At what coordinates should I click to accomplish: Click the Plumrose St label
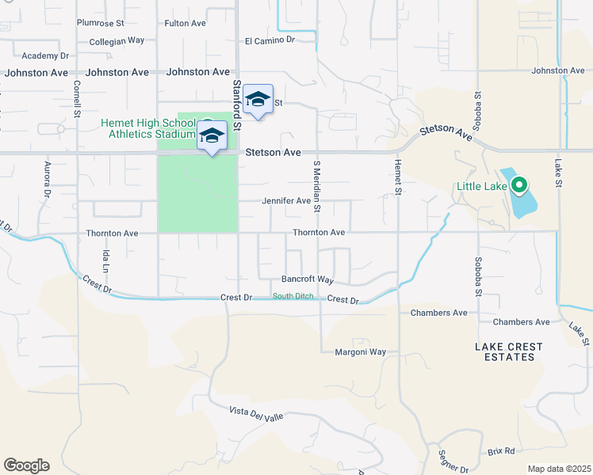(101, 23)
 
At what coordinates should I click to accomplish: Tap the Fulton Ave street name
(185, 23)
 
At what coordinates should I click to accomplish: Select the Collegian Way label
(117, 40)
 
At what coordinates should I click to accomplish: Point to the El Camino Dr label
(270, 40)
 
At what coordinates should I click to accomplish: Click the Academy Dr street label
(46, 55)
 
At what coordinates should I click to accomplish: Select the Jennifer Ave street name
(286, 201)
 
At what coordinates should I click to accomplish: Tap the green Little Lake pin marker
(519, 187)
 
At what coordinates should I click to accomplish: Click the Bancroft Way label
(308, 279)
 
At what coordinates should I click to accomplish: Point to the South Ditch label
(293, 297)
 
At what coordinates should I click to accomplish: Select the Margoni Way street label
(360, 351)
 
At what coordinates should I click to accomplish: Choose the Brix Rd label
(501, 451)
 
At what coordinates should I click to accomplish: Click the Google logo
(26, 465)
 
